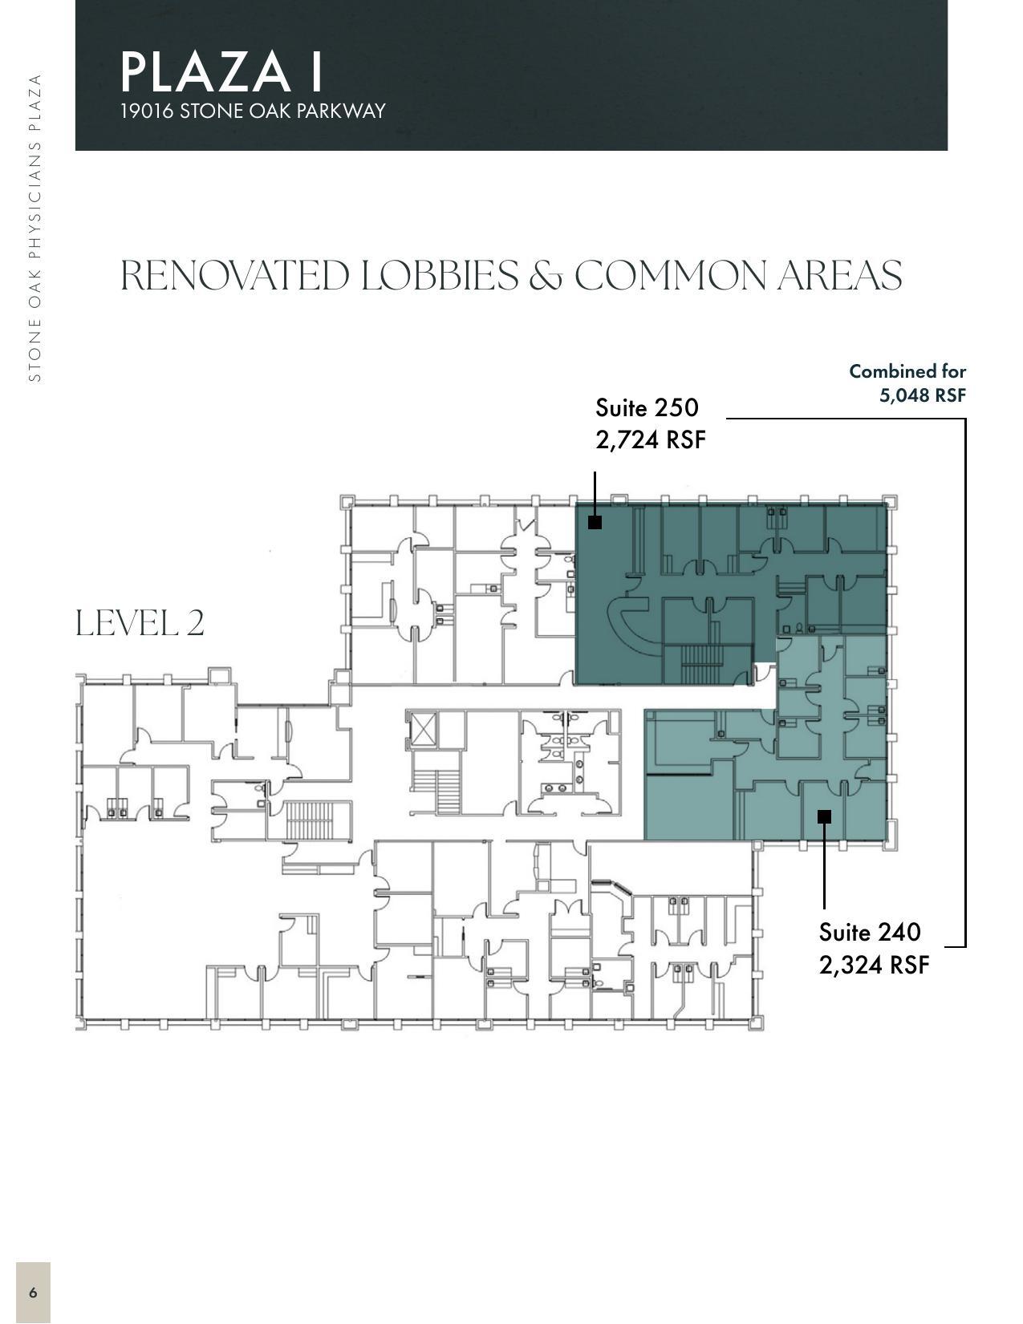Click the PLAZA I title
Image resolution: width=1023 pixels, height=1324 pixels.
pos(221,71)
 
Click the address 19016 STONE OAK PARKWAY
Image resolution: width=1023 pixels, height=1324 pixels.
pos(253,111)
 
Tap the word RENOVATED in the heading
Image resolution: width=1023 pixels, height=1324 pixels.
pos(234,276)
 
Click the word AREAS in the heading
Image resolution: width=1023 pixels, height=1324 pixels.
pos(839,276)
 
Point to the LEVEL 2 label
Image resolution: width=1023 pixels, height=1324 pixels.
pos(140,623)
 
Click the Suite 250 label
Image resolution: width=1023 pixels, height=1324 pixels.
pos(647,407)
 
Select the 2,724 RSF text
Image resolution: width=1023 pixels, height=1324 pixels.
pos(650,439)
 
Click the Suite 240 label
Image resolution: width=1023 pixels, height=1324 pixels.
pos(870,932)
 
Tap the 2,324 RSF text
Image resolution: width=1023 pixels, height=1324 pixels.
pos(874,964)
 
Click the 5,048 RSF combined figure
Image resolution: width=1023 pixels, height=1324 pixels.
pos(922,395)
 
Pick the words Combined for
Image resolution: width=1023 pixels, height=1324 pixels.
pos(907,371)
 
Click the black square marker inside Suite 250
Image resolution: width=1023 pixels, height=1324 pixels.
pos(595,522)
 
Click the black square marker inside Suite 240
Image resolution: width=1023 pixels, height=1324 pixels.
pos(824,816)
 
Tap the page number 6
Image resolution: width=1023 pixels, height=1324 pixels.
pos(33,1292)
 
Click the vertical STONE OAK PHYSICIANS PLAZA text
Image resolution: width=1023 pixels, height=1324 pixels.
pos(35,228)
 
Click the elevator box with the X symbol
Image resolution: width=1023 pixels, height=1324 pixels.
pos(422,728)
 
